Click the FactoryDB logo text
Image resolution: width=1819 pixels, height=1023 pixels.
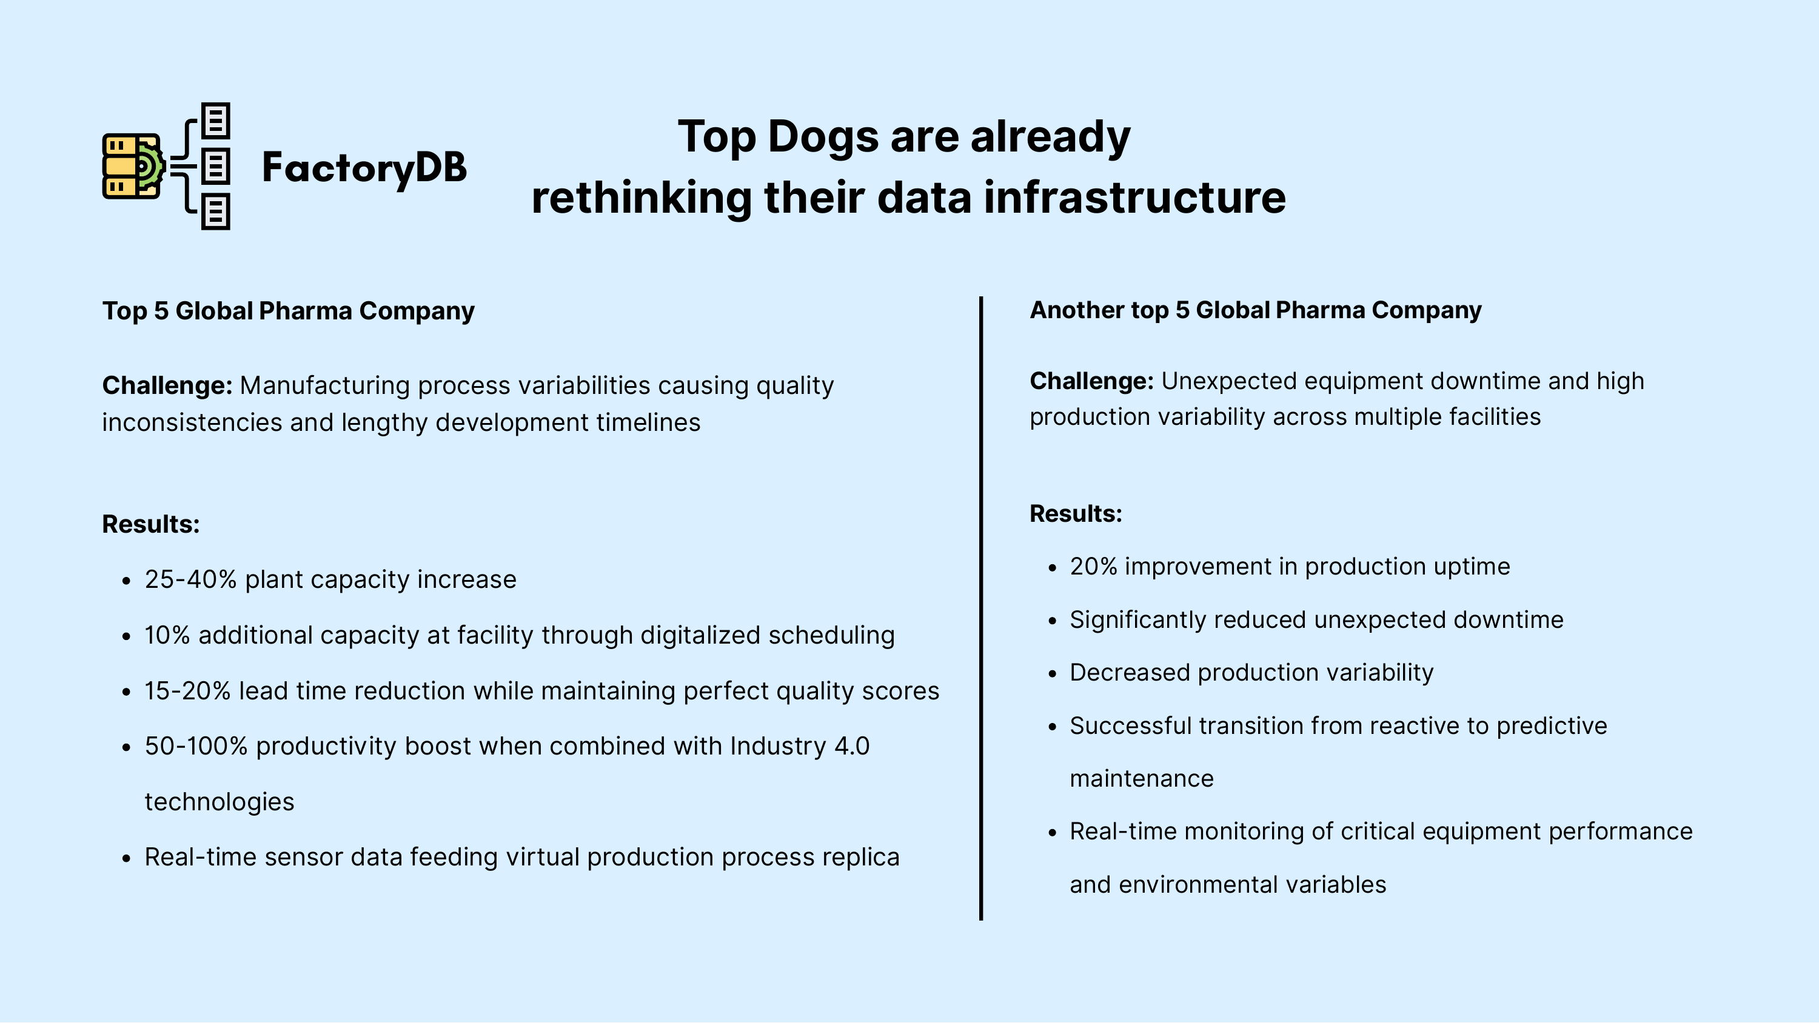[364, 168]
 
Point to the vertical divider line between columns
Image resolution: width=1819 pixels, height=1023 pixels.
[981, 608]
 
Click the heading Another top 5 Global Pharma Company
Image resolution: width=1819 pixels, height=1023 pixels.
[1256, 311]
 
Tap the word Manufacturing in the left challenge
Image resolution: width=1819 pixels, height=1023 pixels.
[325, 385]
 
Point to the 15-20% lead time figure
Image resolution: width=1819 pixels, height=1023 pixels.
[188, 691]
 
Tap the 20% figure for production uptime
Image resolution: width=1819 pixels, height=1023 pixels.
[1094, 567]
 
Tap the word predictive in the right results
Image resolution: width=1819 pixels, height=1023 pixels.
[1552, 727]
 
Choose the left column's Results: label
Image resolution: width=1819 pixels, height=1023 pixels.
[151, 525]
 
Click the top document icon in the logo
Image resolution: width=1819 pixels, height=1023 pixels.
[216, 121]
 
